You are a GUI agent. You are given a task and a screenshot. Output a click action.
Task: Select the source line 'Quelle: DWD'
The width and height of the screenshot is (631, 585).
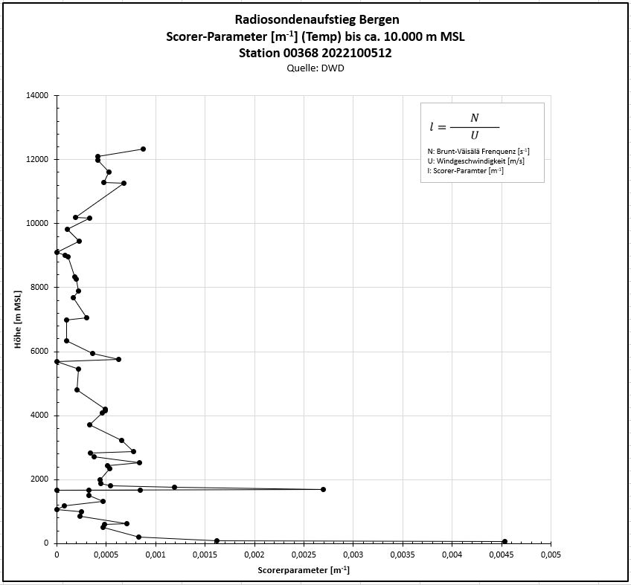(315, 68)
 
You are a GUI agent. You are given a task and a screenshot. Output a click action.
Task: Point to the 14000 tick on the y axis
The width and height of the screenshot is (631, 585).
(35, 95)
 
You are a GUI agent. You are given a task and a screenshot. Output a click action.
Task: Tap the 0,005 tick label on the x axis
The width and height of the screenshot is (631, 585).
(550, 554)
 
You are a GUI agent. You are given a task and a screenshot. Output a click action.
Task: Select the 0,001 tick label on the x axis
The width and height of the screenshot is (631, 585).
(155, 554)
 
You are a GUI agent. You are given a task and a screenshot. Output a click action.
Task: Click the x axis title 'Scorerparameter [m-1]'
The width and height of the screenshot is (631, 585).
(304, 570)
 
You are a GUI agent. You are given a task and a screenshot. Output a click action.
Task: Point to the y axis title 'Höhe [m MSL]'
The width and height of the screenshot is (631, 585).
(16, 319)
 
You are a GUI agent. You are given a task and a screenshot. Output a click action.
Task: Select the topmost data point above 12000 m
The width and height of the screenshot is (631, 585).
(143, 149)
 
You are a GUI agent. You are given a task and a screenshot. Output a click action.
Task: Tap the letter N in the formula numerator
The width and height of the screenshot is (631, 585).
(474, 118)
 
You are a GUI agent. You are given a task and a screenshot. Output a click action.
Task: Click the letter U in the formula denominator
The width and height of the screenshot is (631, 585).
(474, 135)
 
